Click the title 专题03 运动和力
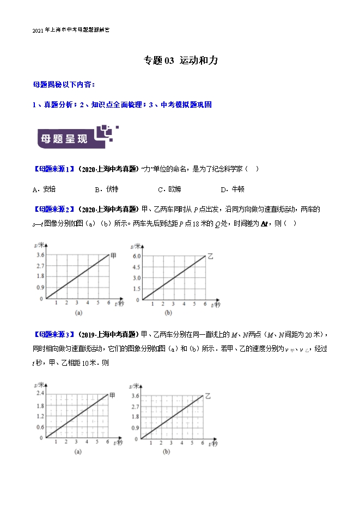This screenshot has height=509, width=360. [x=180, y=60]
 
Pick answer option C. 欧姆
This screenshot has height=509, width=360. [x=169, y=189]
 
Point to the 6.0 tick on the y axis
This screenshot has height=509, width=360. [x=136, y=255]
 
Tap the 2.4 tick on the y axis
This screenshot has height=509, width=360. [x=40, y=393]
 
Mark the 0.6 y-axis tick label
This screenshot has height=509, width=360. [x=40, y=427]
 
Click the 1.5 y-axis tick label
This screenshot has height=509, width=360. [x=136, y=289]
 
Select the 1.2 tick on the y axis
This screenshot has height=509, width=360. [x=40, y=416]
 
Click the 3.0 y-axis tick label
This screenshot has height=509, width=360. [x=136, y=278]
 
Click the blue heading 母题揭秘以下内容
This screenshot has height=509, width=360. [x=64, y=85]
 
